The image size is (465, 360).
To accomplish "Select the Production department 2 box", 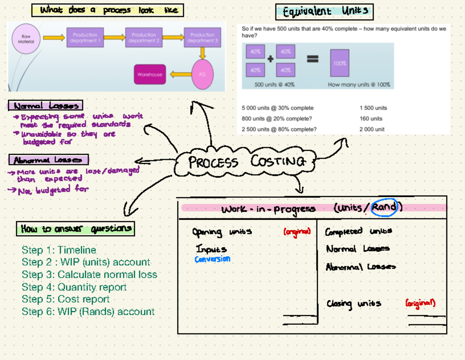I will pyautogui.click(x=144, y=38).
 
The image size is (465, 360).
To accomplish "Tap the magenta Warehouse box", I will pyautogui.click(x=150, y=74).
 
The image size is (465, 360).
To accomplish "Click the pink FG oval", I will pyautogui.click(x=202, y=74).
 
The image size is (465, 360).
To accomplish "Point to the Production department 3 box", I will pyautogui.click(x=202, y=38).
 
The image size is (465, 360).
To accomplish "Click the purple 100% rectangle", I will pyautogui.click(x=339, y=63).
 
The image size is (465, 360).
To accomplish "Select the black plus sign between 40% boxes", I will pyautogui.click(x=270, y=59).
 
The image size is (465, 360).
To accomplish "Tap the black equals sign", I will pyautogui.click(x=313, y=59).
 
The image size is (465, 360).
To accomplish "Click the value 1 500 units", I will pyautogui.click(x=373, y=108).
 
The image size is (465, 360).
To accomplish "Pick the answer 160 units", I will pyautogui.click(x=371, y=119).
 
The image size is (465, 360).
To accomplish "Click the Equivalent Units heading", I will pyautogui.click(x=324, y=12).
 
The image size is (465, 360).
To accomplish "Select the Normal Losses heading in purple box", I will pyautogui.click(x=45, y=105).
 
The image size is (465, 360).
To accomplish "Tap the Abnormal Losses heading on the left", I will pyautogui.click(x=48, y=160).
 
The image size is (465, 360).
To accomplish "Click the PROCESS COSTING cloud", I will pyautogui.click(x=246, y=162).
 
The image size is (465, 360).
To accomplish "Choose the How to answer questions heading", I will pyautogui.click(x=76, y=229).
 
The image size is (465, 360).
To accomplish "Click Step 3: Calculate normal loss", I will pyautogui.click(x=90, y=275).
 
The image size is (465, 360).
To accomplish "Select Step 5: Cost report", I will pyautogui.click(x=65, y=299).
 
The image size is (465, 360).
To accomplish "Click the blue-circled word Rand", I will pyautogui.click(x=384, y=208).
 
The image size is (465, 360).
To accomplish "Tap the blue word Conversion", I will pyautogui.click(x=212, y=259).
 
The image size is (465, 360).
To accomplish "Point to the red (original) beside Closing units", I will pyautogui.click(x=420, y=303).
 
